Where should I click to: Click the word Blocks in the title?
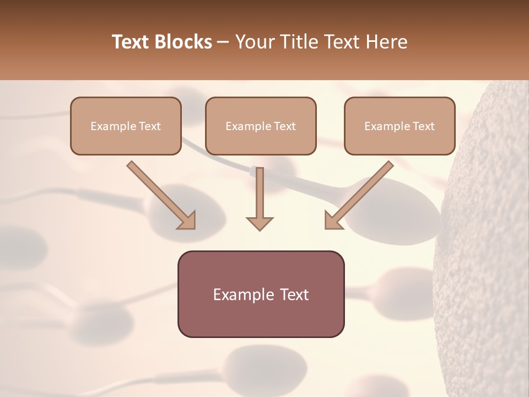coord(183,42)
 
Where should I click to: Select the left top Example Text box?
coord(126,126)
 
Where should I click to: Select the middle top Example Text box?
coord(261,126)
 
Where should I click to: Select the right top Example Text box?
coord(400,126)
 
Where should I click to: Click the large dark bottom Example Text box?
coord(261,294)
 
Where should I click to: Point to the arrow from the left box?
coord(160,194)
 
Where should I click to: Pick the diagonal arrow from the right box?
coord(361,194)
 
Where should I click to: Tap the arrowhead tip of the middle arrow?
coord(260,228)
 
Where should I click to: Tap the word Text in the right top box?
coord(423,126)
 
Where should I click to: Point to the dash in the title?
coord(223,42)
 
